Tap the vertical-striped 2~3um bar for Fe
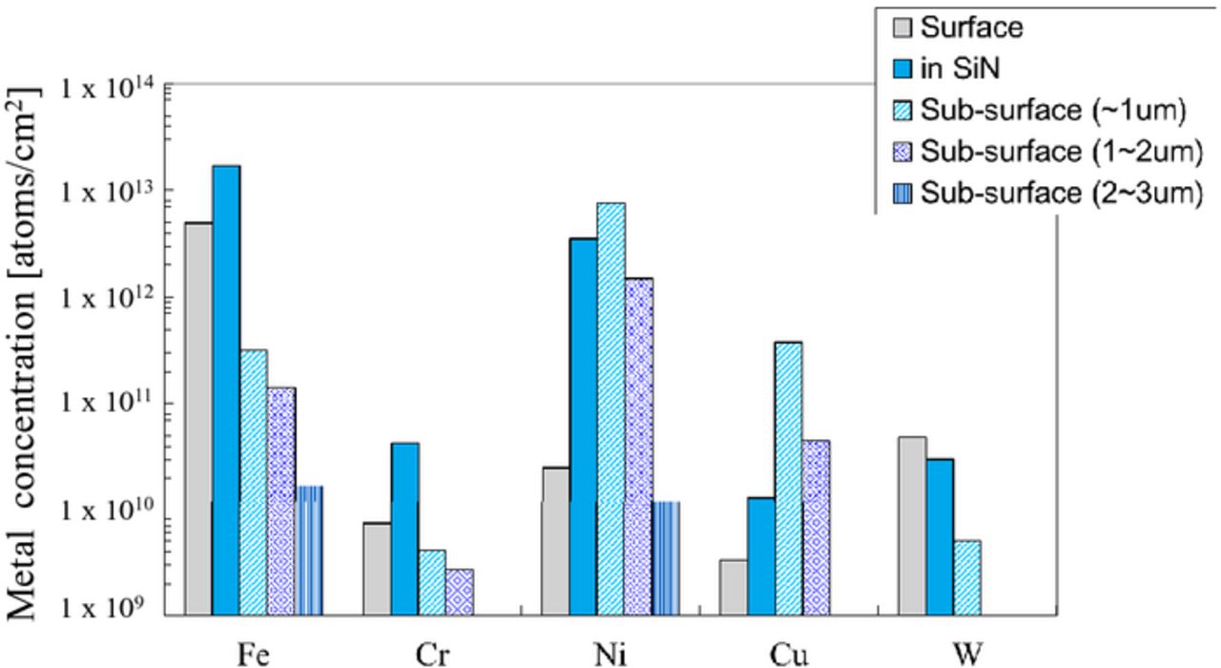[x=309, y=551]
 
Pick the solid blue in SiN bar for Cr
[x=404, y=529]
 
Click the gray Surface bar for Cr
[x=377, y=569]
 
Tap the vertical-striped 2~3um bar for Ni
[x=666, y=558]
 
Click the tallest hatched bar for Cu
[x=789, y=478]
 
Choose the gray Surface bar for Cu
[x=734, y=587]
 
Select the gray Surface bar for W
[x=911, y=526]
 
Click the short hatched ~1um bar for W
[x=966, y=577]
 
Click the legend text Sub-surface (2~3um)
[x=1058, y=193]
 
